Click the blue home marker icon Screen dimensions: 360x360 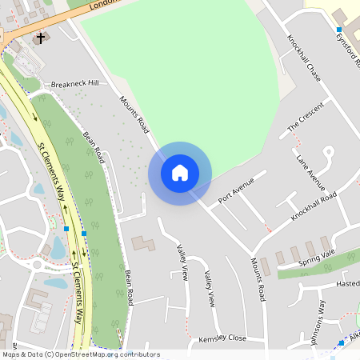180,173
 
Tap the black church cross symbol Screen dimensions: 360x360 41,38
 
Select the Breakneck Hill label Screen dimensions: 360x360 74,83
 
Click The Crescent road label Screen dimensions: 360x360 306,117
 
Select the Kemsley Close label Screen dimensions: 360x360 222,338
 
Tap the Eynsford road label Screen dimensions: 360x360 349,48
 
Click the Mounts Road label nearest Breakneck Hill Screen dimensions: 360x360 134,114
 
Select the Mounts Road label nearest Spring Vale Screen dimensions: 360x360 257,279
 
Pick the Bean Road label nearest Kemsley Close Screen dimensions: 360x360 128,286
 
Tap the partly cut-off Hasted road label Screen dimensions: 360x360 348,283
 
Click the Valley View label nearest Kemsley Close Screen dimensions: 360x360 209,289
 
